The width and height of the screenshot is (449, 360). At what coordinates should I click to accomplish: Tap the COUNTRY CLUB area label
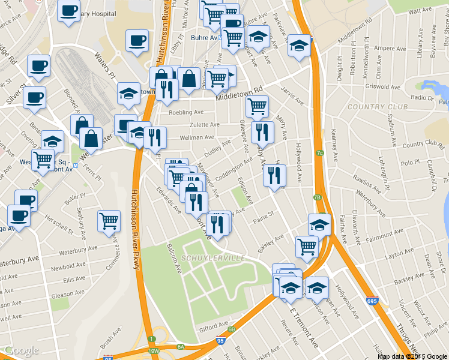(x=378, y=107)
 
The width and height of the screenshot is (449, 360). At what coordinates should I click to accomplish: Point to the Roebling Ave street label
(x=186, y=112)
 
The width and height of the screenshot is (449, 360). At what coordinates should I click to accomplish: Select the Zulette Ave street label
(x=205, y=125)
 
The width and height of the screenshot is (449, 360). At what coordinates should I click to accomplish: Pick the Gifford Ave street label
(x=215, y=327)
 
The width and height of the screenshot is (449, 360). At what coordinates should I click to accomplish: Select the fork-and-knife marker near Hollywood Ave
(x=274, y=175)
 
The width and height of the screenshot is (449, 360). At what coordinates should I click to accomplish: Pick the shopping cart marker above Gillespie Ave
(x=257, y=107)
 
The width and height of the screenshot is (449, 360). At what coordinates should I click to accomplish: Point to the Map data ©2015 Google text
(x=412, y=356)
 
